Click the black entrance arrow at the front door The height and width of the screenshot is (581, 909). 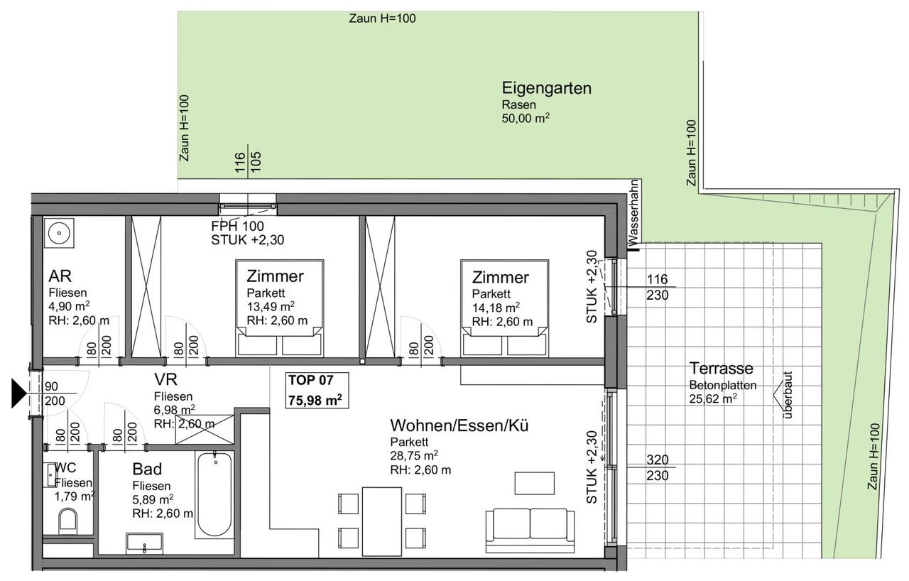pos(18,393)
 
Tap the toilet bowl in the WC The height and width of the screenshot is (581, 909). pos(67,522)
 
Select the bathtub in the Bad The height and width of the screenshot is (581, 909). pos(214,494)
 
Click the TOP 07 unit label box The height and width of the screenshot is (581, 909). pos(317,391)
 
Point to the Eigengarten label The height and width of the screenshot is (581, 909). pos(546,88)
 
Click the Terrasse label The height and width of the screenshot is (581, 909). pos(721,368)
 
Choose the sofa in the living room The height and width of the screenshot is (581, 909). pos(530,531)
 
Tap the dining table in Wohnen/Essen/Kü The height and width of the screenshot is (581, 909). pos(382,521)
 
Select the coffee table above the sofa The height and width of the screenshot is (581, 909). pos(535,483)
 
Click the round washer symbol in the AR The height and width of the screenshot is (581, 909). pos(59,233)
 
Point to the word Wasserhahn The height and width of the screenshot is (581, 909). pos(633,213)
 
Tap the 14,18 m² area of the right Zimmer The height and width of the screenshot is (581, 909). pos(496,308)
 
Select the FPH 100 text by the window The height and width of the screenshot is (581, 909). pos(237,226)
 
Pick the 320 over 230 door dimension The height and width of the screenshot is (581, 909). pos(658,467)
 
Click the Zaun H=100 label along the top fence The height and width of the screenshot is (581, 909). pos(382,18)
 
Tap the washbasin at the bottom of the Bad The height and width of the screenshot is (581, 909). pos(144,543)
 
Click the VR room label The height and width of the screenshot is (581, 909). pos(165,379)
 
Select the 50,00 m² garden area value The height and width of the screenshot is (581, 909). pos(526,119)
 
